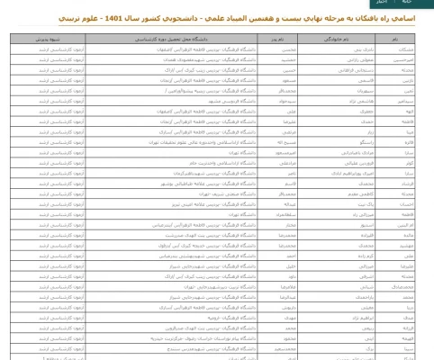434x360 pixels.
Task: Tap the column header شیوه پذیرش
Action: [49, 40]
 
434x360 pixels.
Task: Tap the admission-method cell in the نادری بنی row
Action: [49, 51]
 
